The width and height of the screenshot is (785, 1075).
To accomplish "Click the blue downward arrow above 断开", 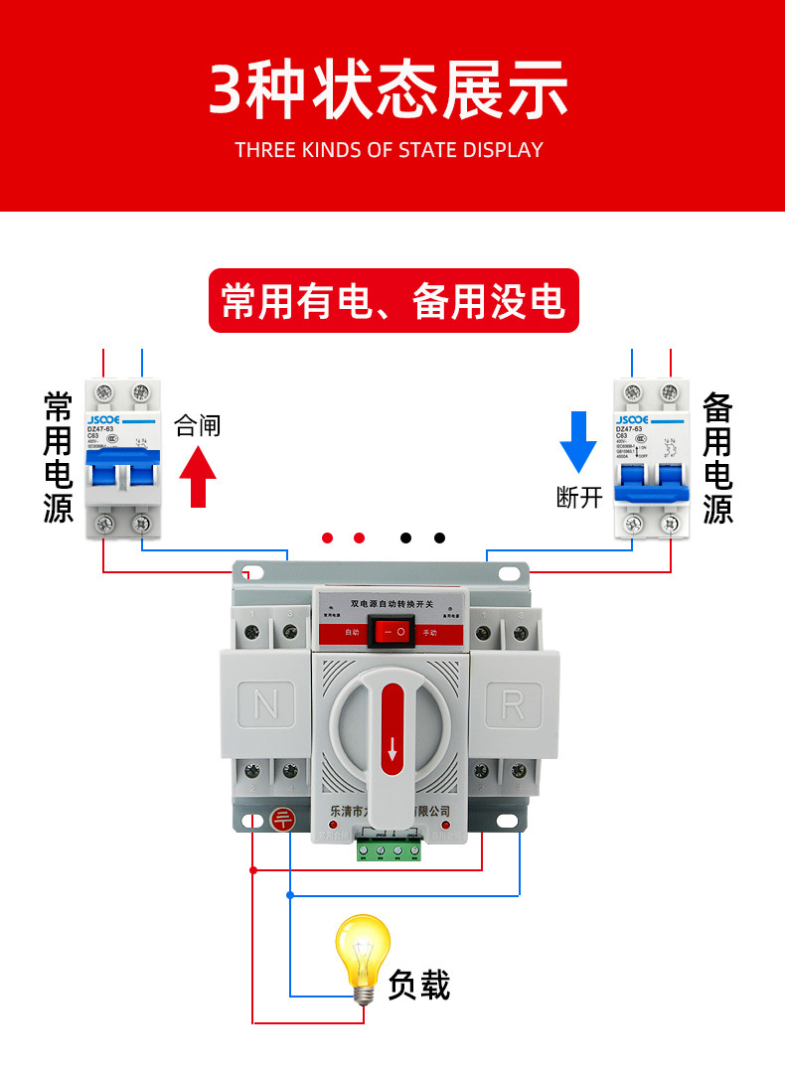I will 578,441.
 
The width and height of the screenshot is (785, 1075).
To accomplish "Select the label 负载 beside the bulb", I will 419,984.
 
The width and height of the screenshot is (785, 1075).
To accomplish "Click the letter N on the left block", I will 266,704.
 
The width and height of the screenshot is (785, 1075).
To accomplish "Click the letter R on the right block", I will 513,704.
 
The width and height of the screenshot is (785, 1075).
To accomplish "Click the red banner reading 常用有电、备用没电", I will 393,301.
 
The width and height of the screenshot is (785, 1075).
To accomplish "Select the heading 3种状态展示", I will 389,90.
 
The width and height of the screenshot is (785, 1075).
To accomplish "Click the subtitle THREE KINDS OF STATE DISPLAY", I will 389,151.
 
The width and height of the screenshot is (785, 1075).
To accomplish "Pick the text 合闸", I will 198,426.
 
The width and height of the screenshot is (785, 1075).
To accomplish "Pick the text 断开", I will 579,497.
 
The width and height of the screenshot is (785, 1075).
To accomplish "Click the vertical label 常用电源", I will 59,457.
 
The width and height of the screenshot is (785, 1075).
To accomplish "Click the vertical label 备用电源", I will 716,458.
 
